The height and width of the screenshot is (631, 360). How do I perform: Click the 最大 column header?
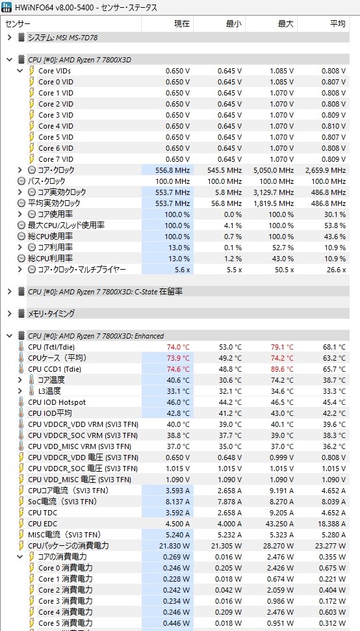[285, 24]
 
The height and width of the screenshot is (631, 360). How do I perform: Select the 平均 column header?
[337, 24]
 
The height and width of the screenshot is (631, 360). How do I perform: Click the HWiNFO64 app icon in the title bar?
[7, 7]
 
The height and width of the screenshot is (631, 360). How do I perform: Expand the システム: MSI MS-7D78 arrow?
[10, 38]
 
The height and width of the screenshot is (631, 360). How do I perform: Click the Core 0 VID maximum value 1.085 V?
[281, 82]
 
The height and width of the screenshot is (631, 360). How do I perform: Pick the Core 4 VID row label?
[56, 126]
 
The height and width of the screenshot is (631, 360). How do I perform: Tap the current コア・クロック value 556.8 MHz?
[173, 170]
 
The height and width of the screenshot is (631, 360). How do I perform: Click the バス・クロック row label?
[46, 181]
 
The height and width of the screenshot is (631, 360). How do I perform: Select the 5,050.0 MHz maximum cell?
[274, 170]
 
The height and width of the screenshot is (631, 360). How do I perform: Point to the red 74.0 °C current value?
[178, 347]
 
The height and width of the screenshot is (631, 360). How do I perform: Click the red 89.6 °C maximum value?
[282, 369]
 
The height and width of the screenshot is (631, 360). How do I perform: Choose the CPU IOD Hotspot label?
[57, 402]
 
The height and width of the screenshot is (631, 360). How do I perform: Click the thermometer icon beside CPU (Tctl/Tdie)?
[21, 346]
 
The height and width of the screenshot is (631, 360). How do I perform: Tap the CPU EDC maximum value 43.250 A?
[279, 524]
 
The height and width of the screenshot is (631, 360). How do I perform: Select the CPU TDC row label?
[43, 513]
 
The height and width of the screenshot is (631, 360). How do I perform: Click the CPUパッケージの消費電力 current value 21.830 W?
[176, 546]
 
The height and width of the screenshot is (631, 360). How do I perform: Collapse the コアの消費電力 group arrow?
[20, 557]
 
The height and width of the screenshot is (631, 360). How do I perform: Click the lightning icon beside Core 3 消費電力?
[32, 601]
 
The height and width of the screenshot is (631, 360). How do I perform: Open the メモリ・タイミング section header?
[51, 313]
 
